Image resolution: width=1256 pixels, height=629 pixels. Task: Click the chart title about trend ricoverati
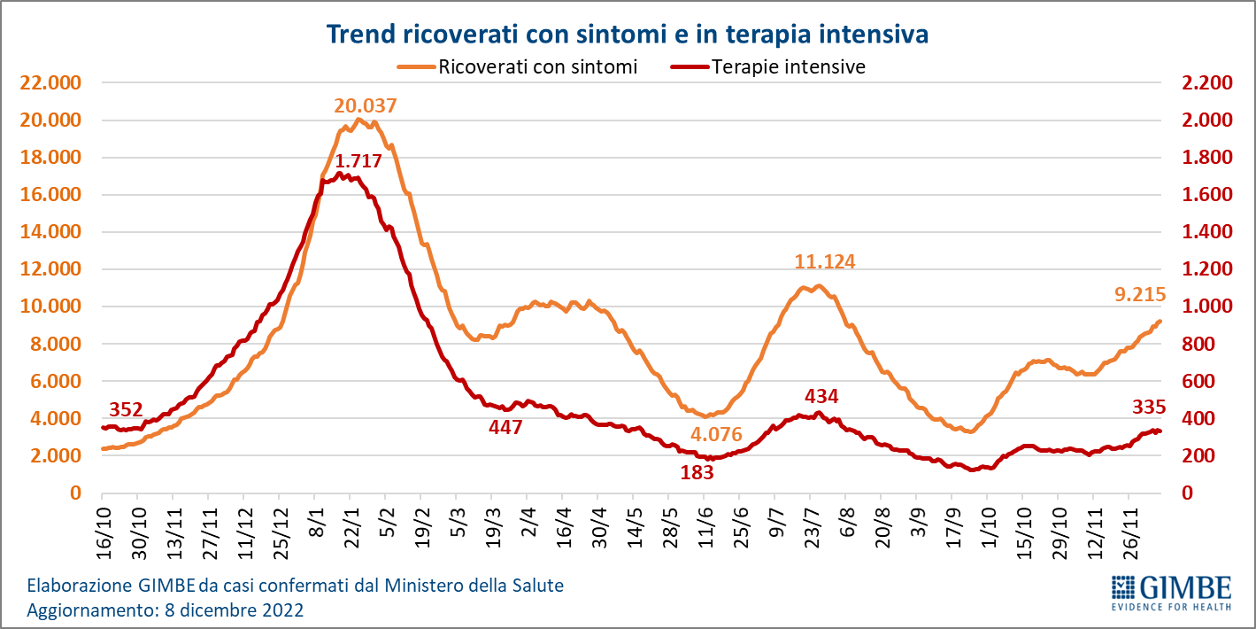(628, 35)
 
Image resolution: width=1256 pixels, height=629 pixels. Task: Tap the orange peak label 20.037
(365, 105)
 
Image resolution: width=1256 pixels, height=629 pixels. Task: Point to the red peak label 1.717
(358, 161)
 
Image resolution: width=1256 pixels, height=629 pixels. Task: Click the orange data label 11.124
(825, 262)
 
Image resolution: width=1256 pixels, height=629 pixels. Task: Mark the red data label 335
(1149, 408)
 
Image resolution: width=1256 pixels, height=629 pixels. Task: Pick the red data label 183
(697, 472)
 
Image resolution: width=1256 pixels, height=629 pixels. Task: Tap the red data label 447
(505, 427)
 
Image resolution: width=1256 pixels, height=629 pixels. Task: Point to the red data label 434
(821, 395)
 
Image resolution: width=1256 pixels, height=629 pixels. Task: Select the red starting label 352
(126, 409)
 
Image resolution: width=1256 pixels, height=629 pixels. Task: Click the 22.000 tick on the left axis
(50, 83)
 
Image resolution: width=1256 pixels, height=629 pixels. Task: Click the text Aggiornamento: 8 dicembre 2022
(166, 610)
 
